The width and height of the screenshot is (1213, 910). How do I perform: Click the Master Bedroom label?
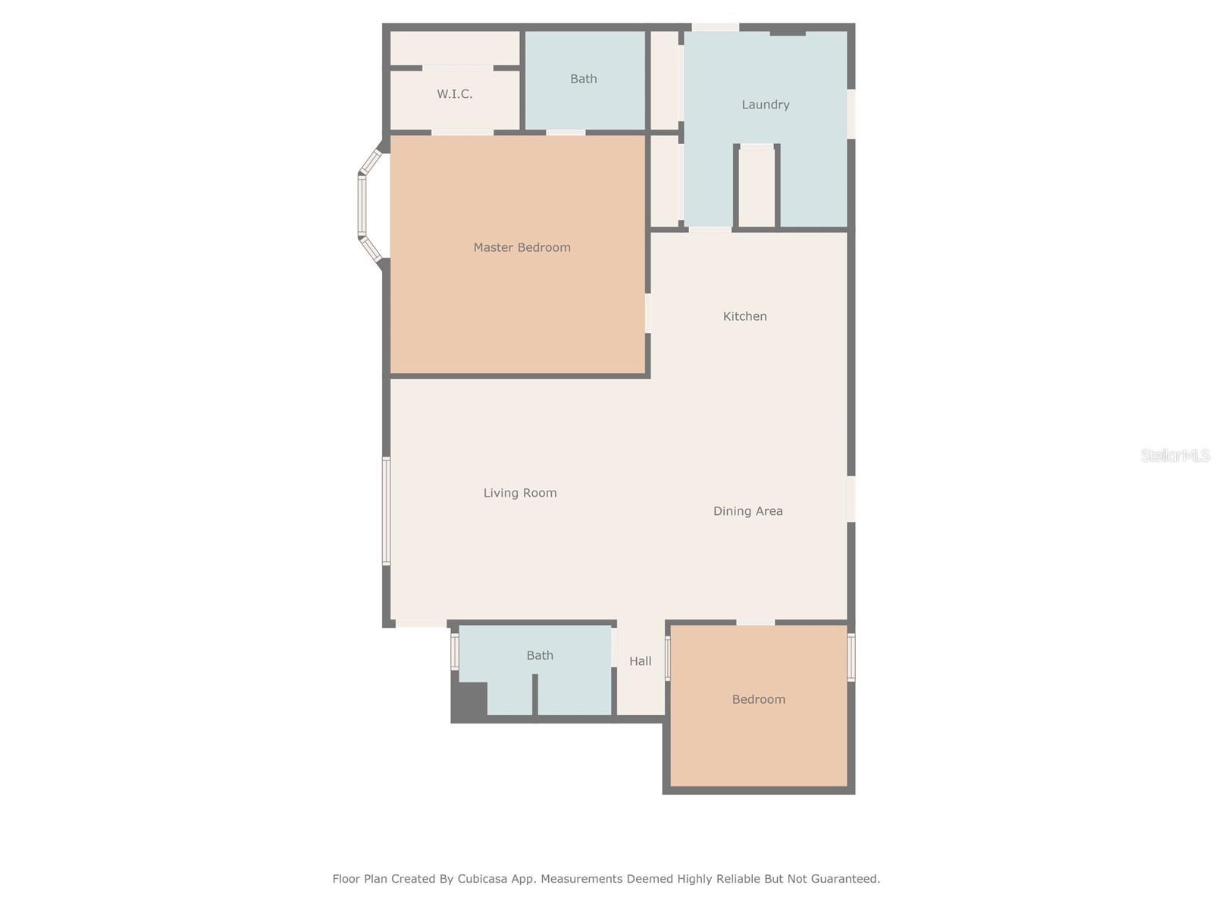(522, 247)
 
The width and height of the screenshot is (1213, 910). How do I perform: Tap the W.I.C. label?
(454, 94)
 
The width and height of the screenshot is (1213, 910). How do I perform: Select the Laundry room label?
(765, 105)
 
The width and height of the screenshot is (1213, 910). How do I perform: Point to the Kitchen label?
(744, 316)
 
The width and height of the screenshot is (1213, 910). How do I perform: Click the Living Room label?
(520, 493)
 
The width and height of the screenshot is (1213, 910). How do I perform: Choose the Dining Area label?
(748, 511)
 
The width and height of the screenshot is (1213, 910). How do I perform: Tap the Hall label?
(640, 661)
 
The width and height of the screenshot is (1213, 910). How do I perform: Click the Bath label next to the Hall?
(540, 655)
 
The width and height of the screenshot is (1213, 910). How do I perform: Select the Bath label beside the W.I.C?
(583, 79)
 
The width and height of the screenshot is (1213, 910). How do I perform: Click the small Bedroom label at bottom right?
(758, 699)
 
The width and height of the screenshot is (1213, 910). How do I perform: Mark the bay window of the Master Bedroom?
(363, 206)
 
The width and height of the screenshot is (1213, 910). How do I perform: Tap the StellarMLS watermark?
(1174, 455)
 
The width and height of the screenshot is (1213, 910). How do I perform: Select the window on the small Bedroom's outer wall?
(851, 657)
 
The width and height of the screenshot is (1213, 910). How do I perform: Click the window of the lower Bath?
(455, 651)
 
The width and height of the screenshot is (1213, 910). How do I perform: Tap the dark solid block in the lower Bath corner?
(469, 701)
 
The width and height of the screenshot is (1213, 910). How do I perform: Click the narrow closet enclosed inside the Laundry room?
(756, 187)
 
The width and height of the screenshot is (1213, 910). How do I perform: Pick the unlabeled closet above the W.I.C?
(454, 49)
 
